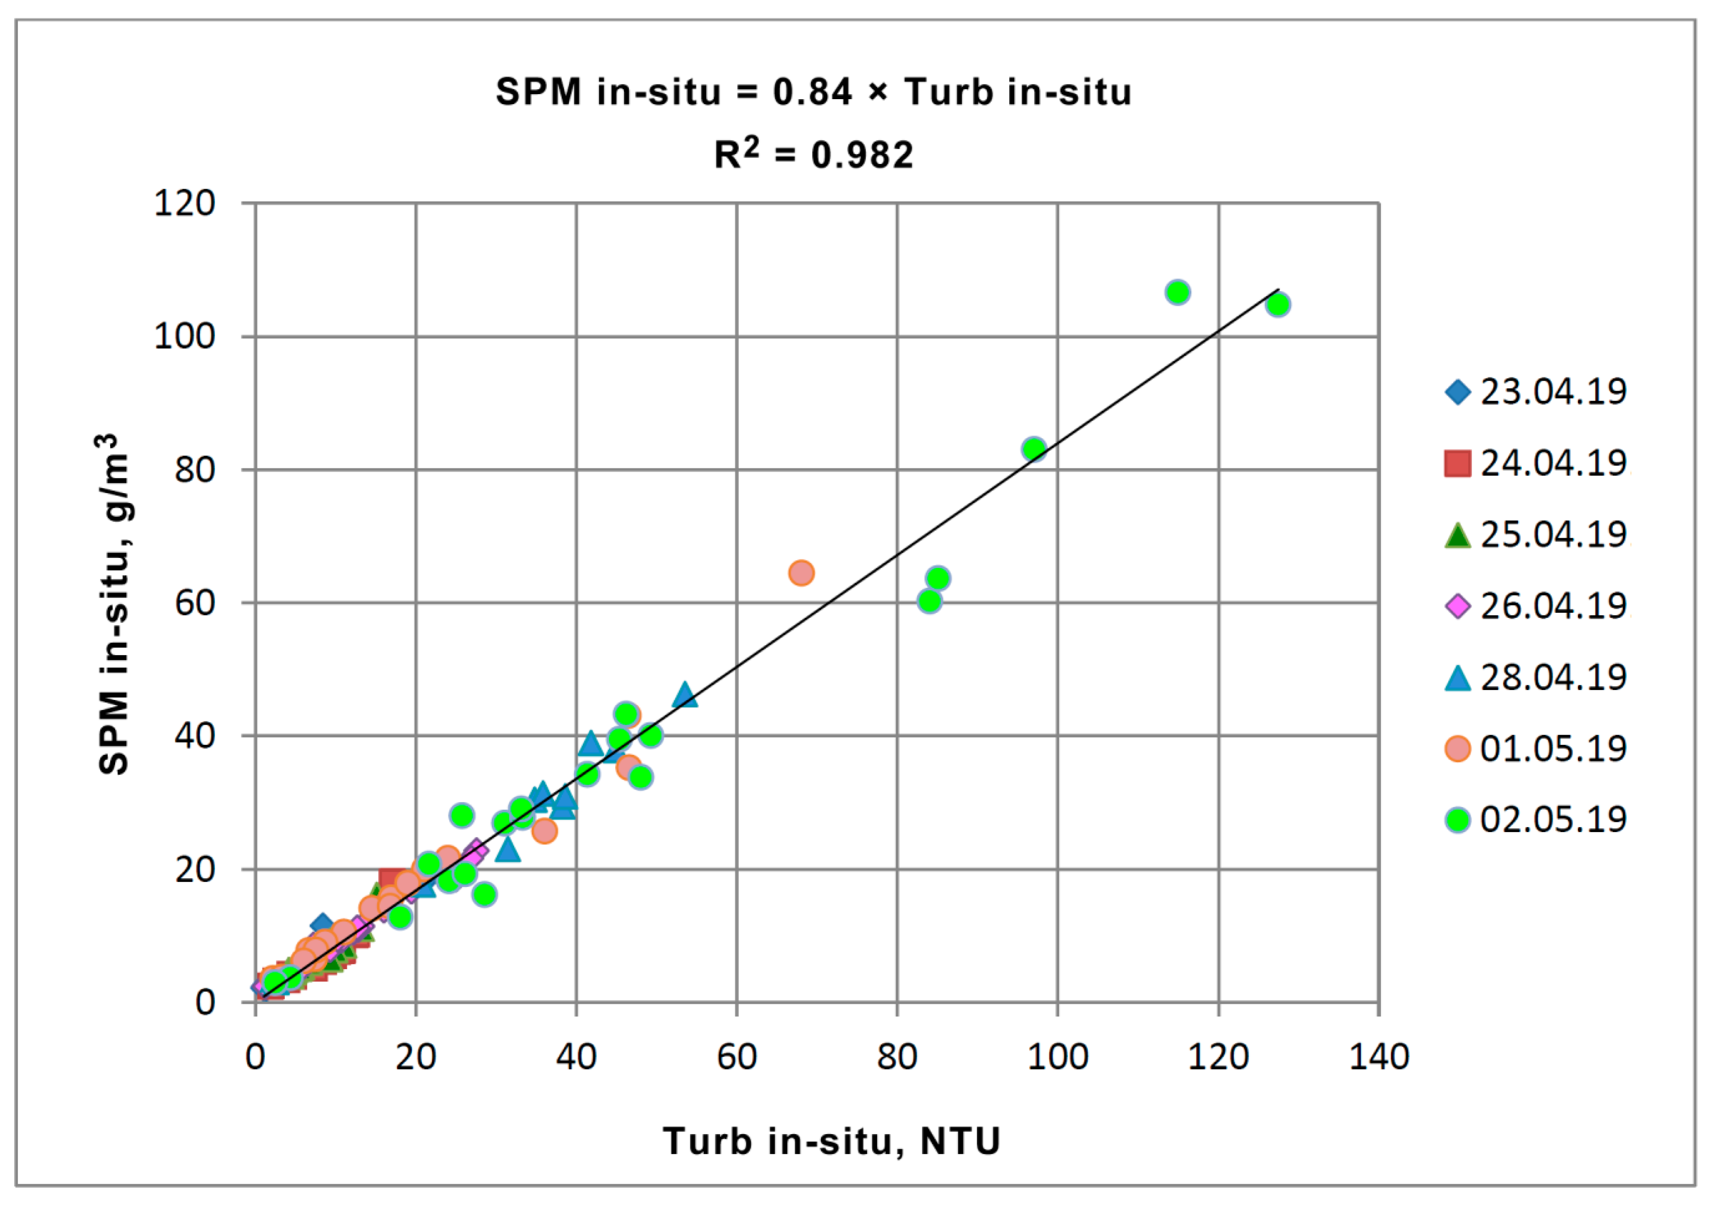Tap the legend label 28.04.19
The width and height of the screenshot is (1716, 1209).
pos(1553,677)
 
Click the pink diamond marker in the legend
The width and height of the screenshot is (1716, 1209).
pos(1457,605)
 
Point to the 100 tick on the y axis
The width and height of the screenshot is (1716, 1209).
pos(185,337)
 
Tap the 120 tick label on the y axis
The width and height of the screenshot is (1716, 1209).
pos(185,203)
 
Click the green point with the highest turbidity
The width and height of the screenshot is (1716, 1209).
pos(1278,304)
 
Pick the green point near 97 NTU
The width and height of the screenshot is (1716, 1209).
pos(1034,449)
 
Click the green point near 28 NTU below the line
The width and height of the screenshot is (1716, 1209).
pos(484,894)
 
